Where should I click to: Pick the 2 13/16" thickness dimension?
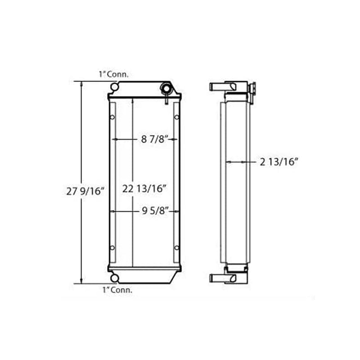(279, 162)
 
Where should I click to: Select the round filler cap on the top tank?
(167, 89)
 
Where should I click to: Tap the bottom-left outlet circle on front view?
(114, 278)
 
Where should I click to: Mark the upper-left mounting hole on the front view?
(112, 117)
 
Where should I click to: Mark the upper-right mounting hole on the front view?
(176, 117)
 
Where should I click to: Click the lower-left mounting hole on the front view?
(112, 248)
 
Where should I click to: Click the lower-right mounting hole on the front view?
(176, 248)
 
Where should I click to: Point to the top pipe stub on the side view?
(219, 86)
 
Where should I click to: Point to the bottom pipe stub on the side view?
(219, 278)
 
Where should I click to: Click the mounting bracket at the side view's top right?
(252, 90)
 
